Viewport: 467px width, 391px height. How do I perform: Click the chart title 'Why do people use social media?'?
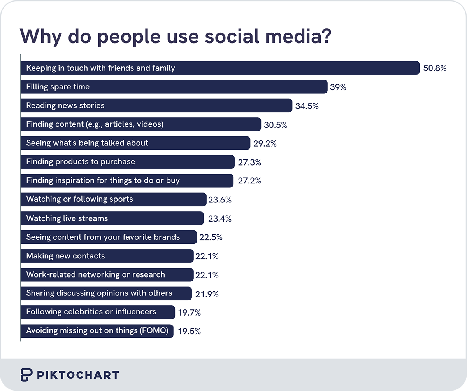coord(175,36)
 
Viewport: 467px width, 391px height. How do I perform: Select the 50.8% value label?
coord(435,68)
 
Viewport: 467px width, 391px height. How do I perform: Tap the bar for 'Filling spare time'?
coord(174,87)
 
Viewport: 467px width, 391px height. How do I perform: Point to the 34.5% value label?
coord(307,106)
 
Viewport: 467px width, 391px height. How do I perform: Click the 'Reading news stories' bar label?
coord(65,105)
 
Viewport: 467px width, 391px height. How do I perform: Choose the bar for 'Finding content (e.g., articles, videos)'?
coord(140,124)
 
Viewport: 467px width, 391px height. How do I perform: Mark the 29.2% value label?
coord(265,143)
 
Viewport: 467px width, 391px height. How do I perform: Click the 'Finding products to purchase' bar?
coord(127,162)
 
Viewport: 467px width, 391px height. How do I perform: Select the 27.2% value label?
coord(249,181)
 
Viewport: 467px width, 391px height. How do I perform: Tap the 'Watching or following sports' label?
coord(79,199)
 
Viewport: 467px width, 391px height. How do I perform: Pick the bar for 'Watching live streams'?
coord(112,218)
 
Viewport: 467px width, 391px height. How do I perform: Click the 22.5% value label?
coord(211,237)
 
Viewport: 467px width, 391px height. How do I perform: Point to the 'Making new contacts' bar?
coord(107,256)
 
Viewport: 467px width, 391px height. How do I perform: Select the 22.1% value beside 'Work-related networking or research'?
coord(207,275)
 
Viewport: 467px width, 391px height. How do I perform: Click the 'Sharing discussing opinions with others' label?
coord(99,293)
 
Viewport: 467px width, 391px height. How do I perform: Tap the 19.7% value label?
coord(190,312)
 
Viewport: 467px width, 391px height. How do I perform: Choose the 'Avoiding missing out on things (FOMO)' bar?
coord(97,331)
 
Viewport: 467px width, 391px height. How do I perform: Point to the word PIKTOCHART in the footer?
coord(78,375)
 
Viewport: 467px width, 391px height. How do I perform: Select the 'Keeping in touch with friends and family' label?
coord(100,68)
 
